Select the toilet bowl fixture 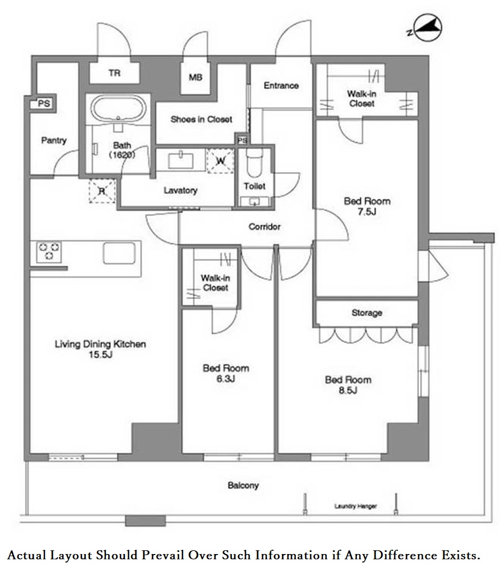(254, 163)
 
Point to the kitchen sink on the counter (120, 254)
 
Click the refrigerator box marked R (102, 191)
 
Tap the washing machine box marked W (220, 161)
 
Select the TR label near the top (114, 73)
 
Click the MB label (196, 77)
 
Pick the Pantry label (54, 140)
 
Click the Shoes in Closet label (201, 119)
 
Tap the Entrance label (281, 86)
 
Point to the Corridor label (265, 227)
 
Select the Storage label (367, 313)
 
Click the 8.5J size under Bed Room (348, 390)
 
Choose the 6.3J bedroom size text (226, 379)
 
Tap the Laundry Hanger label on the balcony (356, 506)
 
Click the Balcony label (243, 485)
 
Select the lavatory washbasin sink (181, 160)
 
